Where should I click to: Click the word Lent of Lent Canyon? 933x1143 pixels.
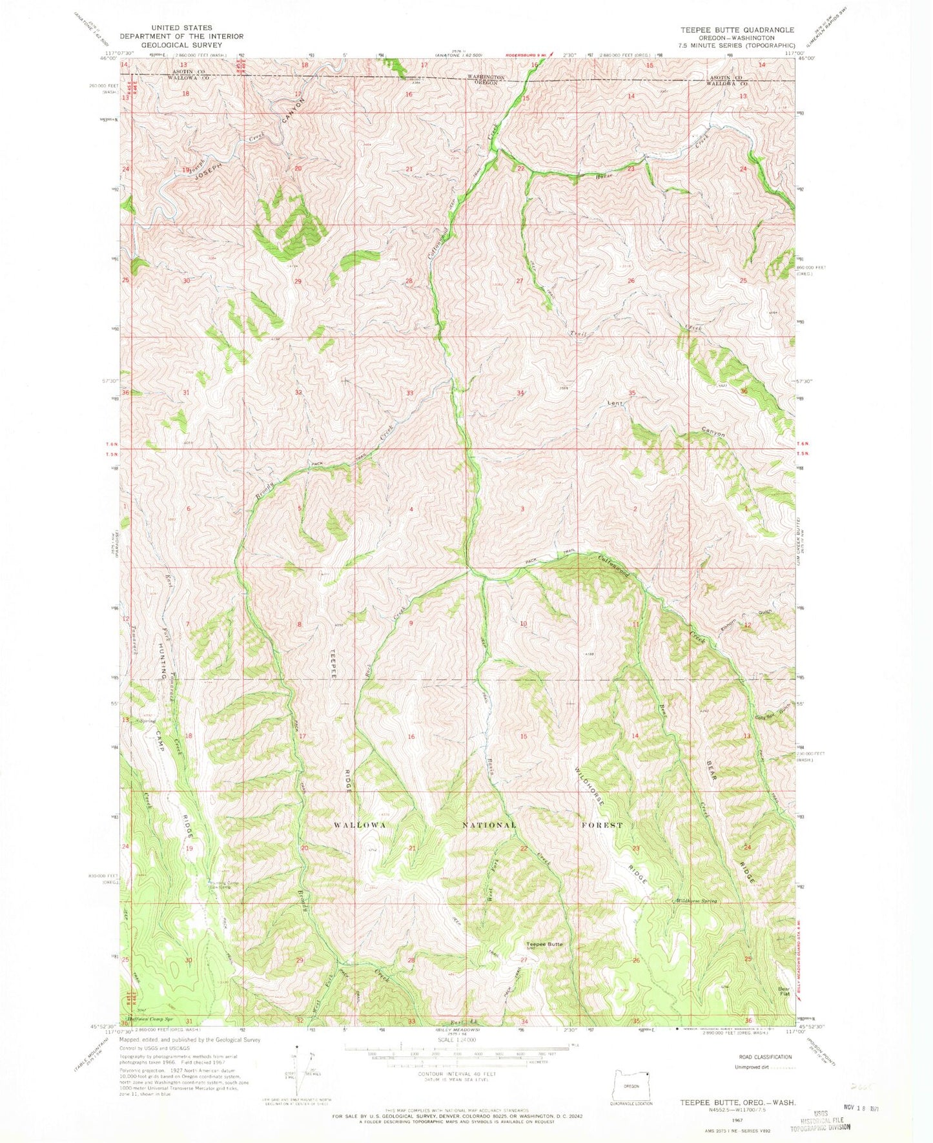pos(615,404)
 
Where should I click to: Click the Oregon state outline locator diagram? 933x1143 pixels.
pos(630,1080)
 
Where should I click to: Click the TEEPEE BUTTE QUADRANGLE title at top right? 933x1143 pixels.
pos(736,30)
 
